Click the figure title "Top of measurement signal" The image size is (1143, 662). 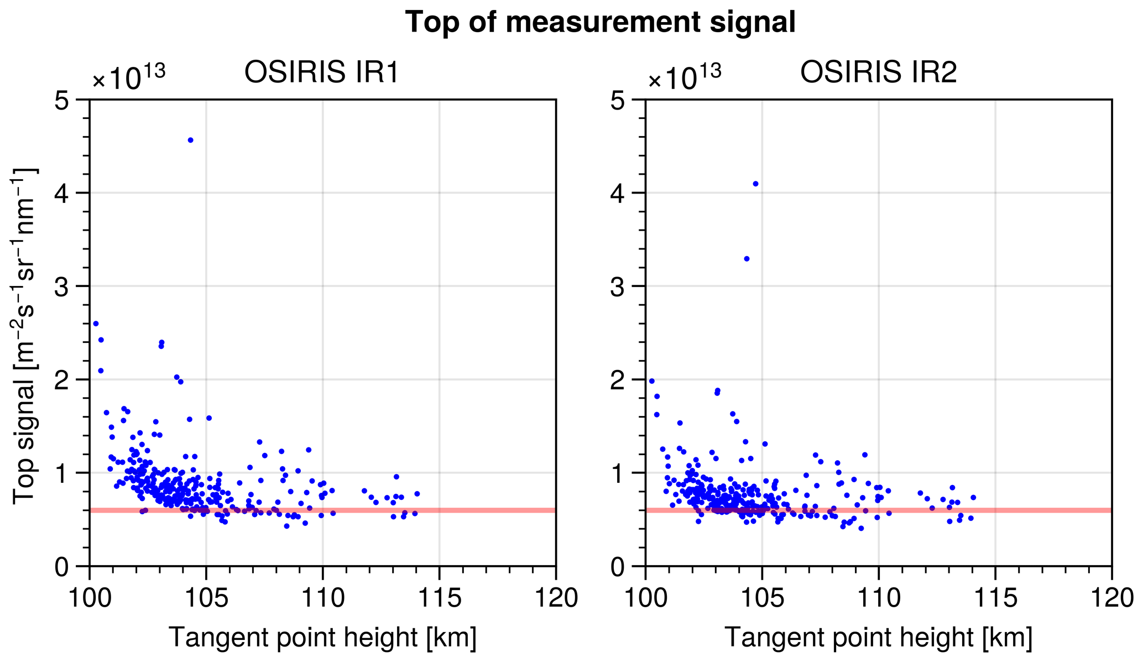pos(600,23)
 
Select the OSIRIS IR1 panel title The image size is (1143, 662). pos(321,72)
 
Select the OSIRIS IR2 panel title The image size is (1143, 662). pos(878,72)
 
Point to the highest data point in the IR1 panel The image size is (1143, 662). pos(190,140)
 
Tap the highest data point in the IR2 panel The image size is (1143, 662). pos(755,184)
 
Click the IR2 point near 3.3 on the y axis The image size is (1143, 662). pos(747,258)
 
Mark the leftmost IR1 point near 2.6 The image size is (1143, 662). pos(96,324)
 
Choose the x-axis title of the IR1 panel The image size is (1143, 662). pos(322,637)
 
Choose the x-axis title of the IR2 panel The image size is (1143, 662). pos(878,637)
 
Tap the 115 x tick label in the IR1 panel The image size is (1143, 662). pos(439,598)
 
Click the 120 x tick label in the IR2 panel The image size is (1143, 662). pos(1111,598)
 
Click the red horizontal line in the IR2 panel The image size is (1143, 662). pos(878,510)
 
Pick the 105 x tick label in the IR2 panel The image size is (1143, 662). pos(761,598)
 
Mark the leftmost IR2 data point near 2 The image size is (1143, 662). pos(651,381)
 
